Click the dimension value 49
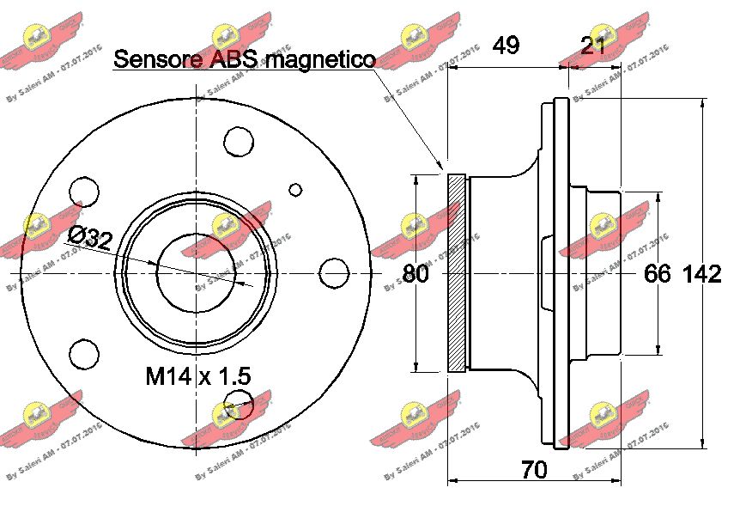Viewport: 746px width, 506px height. [506, 45]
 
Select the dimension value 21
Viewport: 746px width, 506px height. [592, 45]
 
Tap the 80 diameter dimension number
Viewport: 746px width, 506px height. [415, 274]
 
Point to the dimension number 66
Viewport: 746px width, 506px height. [657, 274]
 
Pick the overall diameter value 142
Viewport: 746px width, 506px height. [701, 274]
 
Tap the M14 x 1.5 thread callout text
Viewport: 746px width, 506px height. [197, 375]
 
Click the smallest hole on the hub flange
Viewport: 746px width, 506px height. [296, 190]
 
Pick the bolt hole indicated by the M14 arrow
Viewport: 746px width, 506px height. [236, 402]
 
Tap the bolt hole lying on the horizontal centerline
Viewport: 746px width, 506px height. [334, 274]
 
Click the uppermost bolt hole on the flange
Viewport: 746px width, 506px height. [236, 140]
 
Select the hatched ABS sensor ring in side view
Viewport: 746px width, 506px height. [456, 273]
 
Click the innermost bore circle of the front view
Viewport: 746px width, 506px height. [197, 273]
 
